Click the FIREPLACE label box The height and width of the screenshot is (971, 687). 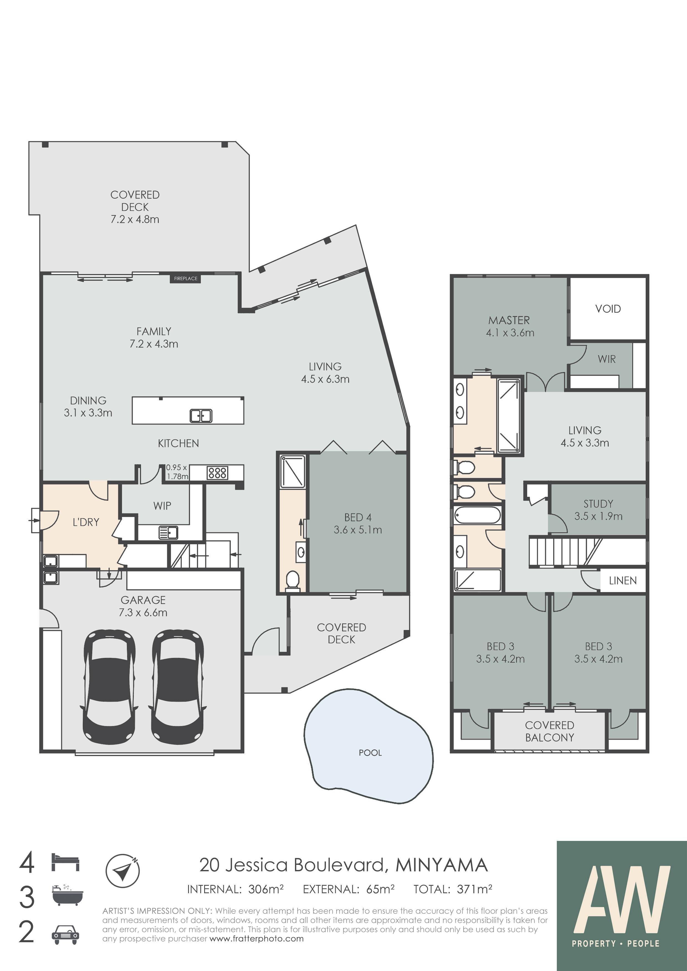pyautogui.click(x=186, y=278)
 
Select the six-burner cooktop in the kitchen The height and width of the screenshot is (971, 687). pyautogui.click(x=217, y=472)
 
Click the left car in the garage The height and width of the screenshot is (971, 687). pyautogui.click(x=109, y=687)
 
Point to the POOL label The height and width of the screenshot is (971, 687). pyautogui.click(x=370, y=753)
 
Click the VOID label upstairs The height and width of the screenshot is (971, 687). pyautogui.click(x=608, y=309)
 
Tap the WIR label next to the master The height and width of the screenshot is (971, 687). pyautogui.click(x=607, y=359)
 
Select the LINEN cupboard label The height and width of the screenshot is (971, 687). pyautogui.click(x=623, y=581)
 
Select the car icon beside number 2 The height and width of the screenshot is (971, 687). pyautogui.click(x=65, y=935)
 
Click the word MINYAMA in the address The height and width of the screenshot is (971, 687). pyautogui.click(x=442, y=865)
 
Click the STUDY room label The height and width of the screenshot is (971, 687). pyautogui.click(x=598, y=504)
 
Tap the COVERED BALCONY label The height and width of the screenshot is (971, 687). pyautogui.click(x=549, y=731)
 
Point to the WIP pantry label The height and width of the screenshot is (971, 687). pyautogui.click(x=162, y=505)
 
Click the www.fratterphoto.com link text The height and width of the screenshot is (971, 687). pyautogui.click(x=257, y=939)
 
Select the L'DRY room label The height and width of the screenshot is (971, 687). pyautogui.click(x=86, y=522)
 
